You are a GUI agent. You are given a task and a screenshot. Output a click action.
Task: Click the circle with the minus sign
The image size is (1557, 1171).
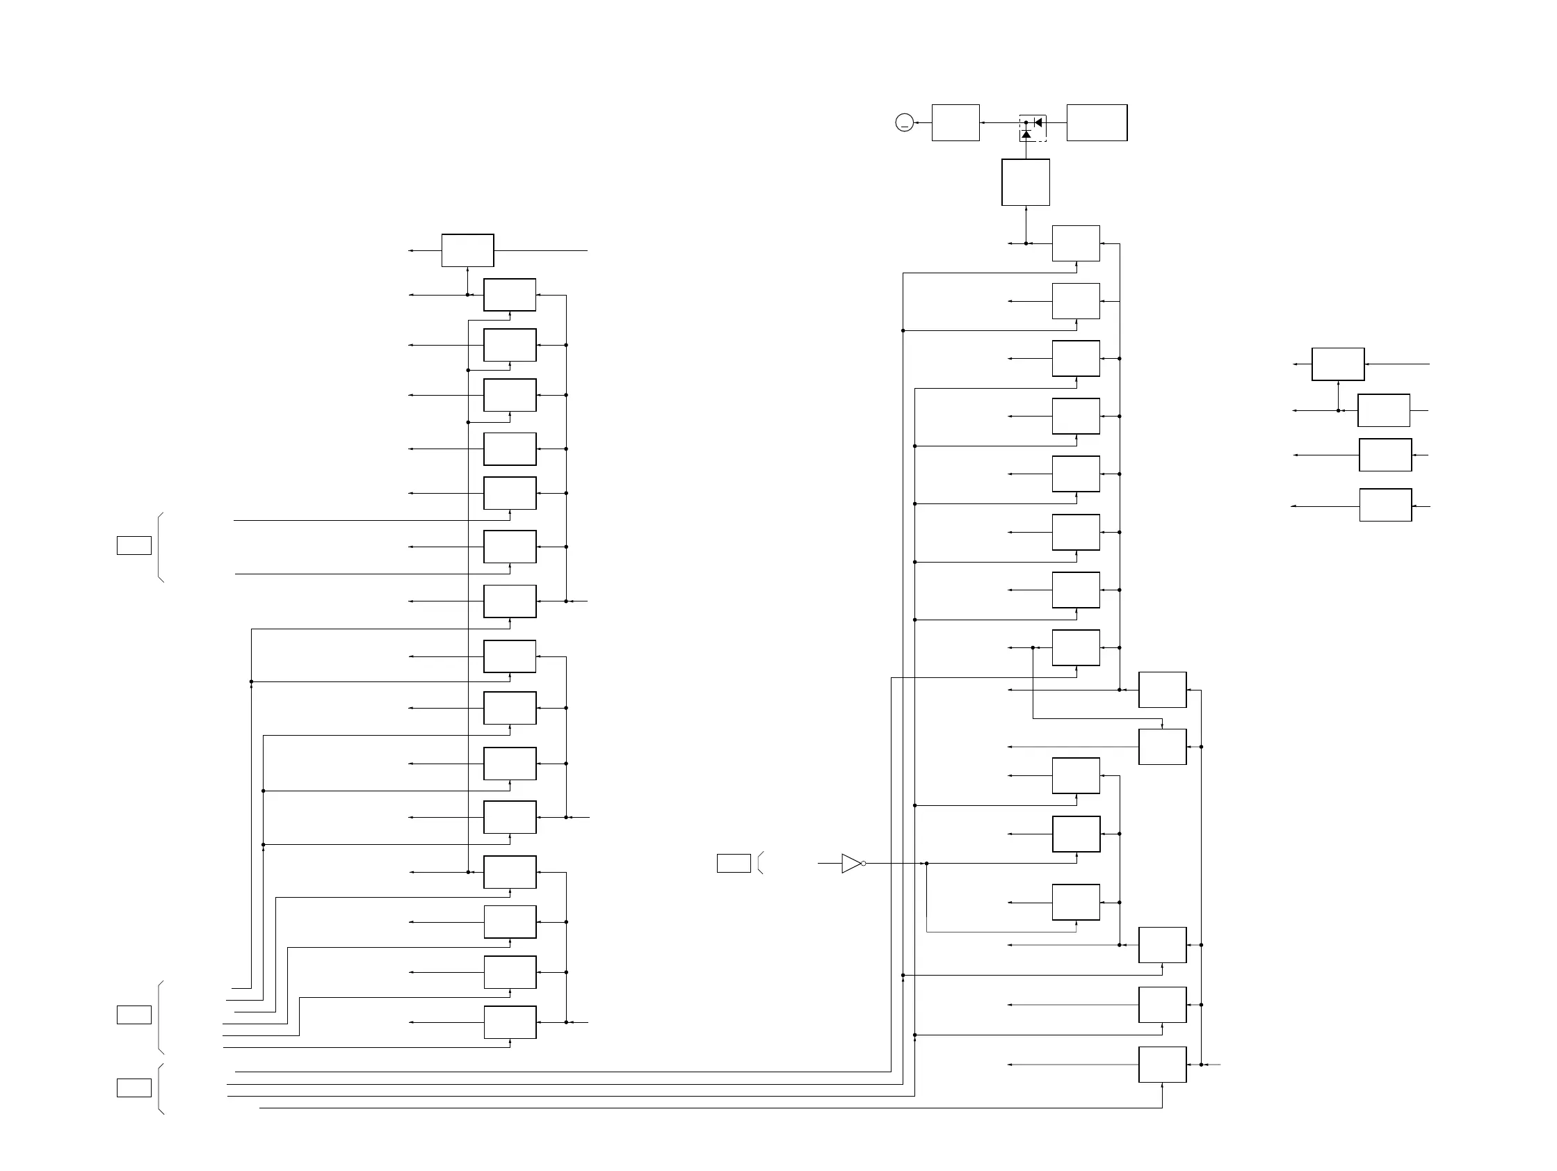tap(905, 123)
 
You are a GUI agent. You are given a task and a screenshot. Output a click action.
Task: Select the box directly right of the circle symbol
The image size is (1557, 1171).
tap(955, 123)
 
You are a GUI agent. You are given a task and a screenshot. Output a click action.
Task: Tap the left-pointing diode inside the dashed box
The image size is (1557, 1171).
tap(1038, 122)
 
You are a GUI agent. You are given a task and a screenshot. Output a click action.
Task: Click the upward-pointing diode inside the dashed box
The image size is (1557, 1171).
tap(1026, 134)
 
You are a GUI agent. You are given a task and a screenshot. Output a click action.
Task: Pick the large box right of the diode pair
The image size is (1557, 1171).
tap(1097, 123)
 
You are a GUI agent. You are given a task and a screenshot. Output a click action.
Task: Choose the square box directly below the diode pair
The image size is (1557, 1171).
tap(1026, 182)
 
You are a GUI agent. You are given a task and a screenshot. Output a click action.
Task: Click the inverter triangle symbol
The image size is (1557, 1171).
tap(851, 864)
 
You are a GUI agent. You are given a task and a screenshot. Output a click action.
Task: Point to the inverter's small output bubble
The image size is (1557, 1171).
tap(864, 864)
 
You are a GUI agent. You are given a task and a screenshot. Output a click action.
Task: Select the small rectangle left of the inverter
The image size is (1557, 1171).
tap(734, 864)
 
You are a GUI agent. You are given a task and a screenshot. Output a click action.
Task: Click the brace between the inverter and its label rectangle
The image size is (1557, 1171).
tap(760, 864)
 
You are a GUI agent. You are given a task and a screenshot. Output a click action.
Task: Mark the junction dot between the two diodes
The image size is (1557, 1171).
tap(1026, 122)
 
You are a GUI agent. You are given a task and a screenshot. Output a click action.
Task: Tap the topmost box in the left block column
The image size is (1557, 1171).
tap(467, 250)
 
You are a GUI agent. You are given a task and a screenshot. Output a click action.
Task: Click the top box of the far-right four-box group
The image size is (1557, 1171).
tap(1337, 364)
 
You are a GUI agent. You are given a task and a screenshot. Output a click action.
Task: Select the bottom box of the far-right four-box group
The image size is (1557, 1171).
tap(1385, 506)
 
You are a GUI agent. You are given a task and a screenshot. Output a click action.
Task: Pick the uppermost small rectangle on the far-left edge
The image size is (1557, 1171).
tap(134, 545)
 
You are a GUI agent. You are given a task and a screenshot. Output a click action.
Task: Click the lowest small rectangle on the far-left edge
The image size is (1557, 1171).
tap(134, 1088)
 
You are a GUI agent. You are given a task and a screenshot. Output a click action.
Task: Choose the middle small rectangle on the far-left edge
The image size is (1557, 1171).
tap(134, 1015)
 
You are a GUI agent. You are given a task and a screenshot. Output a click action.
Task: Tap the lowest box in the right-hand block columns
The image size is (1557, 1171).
tap(1162, 1065)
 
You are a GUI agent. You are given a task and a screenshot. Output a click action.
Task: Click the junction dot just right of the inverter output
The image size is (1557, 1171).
tap(926, 864)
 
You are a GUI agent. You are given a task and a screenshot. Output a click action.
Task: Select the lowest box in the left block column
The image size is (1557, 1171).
tap(510, 1022)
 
